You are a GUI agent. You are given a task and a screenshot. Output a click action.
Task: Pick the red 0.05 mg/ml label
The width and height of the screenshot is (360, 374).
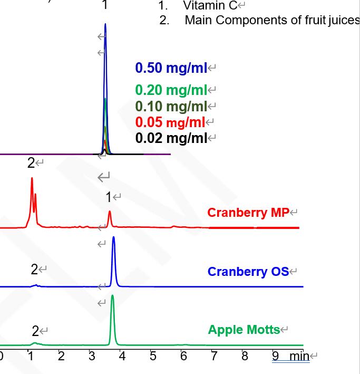(x=170, y=122)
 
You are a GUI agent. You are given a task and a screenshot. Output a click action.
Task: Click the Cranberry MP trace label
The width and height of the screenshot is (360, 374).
(x=248, y=213)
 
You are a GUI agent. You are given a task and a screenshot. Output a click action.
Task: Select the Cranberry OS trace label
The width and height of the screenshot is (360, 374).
(x=248, y=272)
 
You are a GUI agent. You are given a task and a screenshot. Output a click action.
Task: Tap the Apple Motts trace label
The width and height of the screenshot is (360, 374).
(x=244, y=330)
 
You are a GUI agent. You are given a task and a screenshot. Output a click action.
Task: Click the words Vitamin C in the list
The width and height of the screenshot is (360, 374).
(x=210, y=6)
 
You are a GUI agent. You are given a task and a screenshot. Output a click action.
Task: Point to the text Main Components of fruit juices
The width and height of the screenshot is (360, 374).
(x=272, y=21)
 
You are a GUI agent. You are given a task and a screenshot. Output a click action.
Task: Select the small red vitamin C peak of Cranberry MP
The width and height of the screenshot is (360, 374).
(x=110, y=213)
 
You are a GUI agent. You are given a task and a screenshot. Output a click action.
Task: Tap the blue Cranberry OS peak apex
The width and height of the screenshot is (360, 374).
(x=113, y=238)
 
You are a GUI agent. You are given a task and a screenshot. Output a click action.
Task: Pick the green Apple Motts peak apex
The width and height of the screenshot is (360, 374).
(x=112, y=296)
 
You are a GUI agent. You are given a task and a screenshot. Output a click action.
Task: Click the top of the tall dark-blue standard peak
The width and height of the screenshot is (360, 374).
(x=105, y=25)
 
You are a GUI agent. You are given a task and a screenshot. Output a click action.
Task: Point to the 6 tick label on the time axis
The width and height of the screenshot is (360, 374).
(x=183, y=356)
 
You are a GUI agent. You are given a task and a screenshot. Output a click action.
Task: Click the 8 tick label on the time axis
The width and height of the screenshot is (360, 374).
(x=245, y=356)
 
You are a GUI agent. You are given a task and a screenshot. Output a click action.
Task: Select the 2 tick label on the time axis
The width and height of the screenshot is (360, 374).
(x=61, y=356)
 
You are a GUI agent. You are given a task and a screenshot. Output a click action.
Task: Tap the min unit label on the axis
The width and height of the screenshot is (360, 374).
(x=299, y=356)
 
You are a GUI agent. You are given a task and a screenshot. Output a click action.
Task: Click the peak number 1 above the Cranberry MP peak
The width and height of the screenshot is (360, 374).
(x=109, y=197)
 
